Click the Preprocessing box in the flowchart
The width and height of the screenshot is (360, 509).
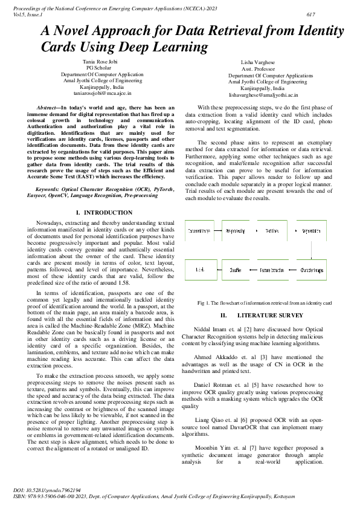point(235,231)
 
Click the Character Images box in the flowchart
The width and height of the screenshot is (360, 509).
point(313,270)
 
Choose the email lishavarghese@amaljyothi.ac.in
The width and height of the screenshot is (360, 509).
point(263,96)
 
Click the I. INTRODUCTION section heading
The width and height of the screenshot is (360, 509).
point(105,213)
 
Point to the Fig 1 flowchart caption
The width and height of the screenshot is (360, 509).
point(265,302)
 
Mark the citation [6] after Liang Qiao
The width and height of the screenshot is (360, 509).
point(225,418)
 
